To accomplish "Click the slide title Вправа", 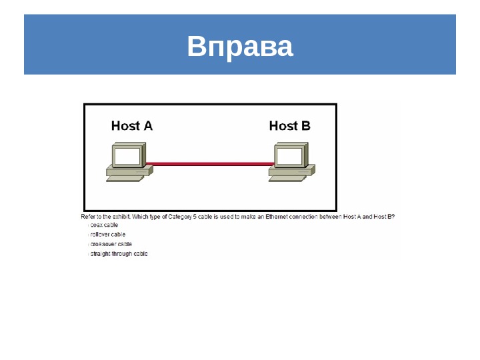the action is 240,47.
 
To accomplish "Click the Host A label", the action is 131,125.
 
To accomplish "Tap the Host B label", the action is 289,125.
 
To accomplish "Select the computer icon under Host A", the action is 129,161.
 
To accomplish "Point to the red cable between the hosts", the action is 210,163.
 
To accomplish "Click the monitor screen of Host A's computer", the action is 127,157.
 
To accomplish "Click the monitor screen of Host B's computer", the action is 290,157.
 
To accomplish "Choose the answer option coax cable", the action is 104,225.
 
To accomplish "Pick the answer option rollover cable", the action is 107,235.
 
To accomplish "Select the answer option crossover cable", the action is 111,244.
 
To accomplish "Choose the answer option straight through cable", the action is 119,254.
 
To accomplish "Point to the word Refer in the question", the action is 87,217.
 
